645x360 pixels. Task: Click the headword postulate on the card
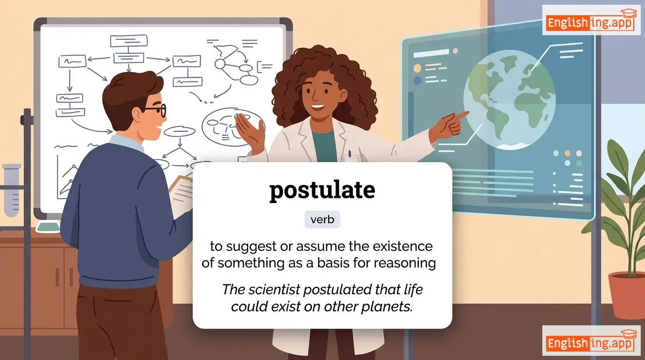click(322, 190)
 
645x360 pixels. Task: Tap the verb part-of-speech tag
click(322, 219)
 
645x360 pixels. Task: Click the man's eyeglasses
click(154, 111)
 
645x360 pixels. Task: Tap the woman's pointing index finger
click(460, 115)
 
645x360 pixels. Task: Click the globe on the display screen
click(509, 100)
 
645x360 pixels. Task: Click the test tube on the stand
click(12, 190)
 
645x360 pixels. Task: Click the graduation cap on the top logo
click(629, 14)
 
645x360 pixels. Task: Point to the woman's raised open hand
click(249, 131)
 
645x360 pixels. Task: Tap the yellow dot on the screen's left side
click(417, 68)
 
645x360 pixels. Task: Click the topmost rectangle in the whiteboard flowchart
click(129, 41)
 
